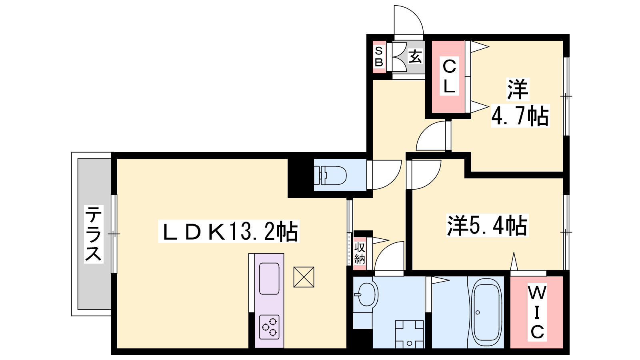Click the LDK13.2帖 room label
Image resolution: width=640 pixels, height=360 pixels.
[x=228, y=232]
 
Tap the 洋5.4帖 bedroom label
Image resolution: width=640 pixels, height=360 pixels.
[x=487, y=226]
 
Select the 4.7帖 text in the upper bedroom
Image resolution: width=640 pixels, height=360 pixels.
[x=520, y=116]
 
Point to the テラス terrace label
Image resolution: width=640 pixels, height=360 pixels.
[x=94, y=234]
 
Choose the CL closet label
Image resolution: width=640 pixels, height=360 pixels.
[x=449, y=76]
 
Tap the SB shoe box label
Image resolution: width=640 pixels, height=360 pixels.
[x=379, y=56]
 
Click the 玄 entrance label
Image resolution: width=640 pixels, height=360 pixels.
[x=415, y=56]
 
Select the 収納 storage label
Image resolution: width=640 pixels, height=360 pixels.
[x=360, y=253]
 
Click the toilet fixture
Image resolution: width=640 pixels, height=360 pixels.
[x=330, y=175]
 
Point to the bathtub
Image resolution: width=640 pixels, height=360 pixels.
[x=486, y=312]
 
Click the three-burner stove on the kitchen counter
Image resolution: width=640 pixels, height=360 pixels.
[x=269, y=327]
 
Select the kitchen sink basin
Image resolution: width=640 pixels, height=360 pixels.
[x=269, y=278]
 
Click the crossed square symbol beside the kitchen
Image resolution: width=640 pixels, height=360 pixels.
[x=304, y=277]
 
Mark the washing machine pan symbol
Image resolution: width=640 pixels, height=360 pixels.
[x=410, y=334]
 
